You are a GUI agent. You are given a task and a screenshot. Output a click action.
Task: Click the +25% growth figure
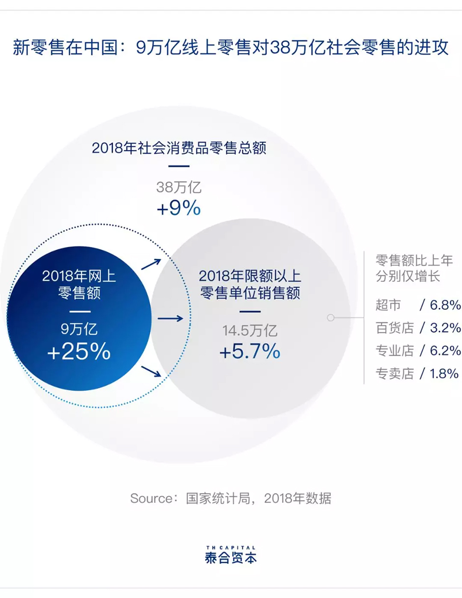pyautogui.click(x=79, y=352)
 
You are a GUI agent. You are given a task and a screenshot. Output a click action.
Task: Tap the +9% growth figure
pyautogui.click(x=178, y=209)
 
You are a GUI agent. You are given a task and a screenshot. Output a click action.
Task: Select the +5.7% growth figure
pyautogui.click(x=250, y=352)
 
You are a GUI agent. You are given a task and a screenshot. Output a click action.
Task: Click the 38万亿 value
pyautogui.click(x=178, y=188)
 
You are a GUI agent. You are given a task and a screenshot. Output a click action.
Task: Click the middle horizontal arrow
pyautogui.click(x=170, y=319)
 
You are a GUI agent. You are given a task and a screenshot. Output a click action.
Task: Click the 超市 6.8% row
pyautogui.click(x=418, y=305)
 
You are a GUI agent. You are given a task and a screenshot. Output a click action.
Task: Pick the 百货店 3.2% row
pyautogui.click(x=418, y=327)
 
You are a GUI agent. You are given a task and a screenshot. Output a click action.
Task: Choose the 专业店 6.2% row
pyautogui.click(x=418, y=351)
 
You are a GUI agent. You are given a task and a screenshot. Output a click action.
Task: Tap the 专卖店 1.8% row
pyautogui.click(x=418, y=374)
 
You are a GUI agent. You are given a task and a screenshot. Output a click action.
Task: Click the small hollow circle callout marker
pyautogui.click(x=331, y=318)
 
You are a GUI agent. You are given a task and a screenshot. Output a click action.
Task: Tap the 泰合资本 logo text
pyautogui.click(x=231, y=558)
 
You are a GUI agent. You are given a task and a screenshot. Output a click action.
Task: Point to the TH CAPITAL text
pyautogui.click(x=231, y=547)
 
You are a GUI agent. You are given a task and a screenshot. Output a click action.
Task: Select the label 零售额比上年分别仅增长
pyautogui.click(x=407, y=267)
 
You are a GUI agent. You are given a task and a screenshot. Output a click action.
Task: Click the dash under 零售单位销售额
pyautogui.click(x=250, y=311)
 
